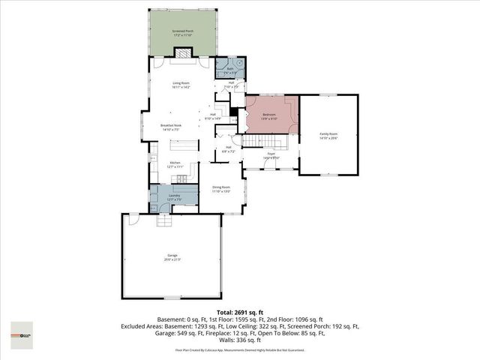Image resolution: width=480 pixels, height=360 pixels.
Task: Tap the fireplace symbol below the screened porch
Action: coord(183,52)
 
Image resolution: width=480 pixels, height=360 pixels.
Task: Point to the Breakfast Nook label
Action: coord(172,127)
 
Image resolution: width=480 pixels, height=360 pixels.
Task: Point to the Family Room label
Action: coord(328,135)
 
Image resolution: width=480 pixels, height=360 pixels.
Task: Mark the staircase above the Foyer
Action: coord(263,142)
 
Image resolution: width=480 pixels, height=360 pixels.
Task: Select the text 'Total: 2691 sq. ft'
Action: coord(239,311)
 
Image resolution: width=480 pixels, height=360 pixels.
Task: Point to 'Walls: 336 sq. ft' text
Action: coord(239,340)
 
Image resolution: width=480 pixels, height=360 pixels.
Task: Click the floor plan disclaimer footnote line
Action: coord(239,350)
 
